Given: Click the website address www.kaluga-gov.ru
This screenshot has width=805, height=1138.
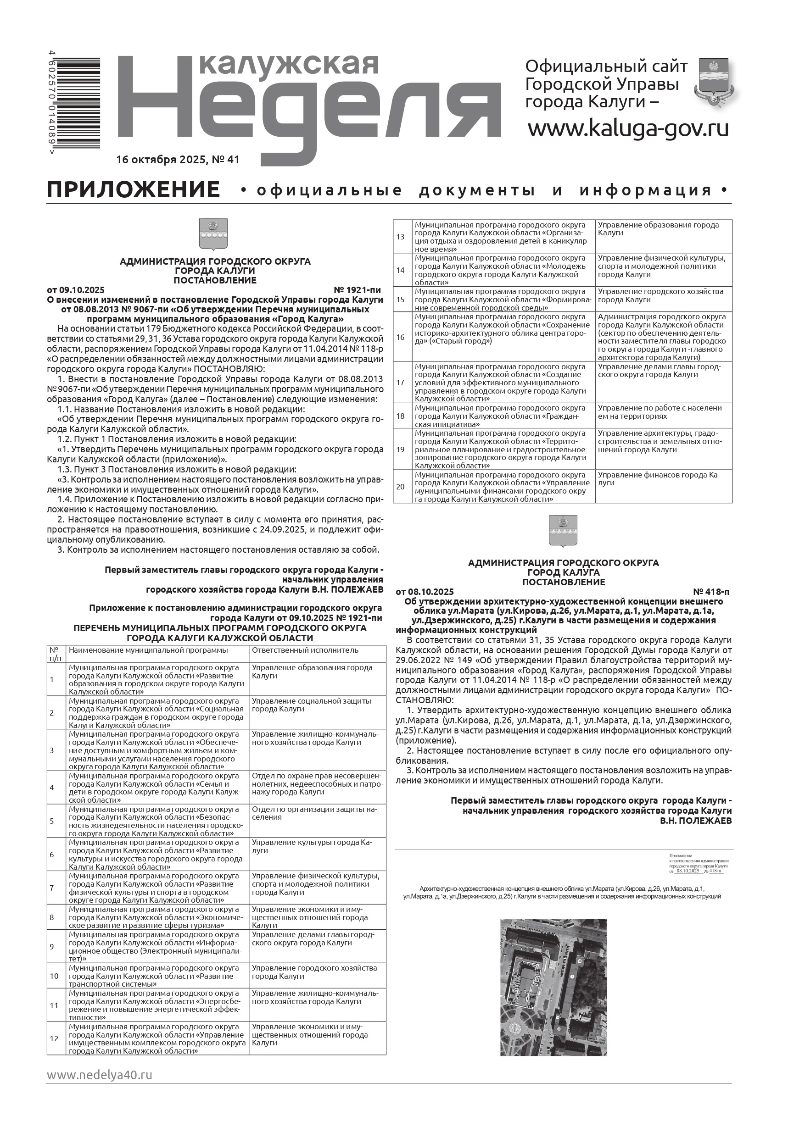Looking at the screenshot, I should (x=628, y=129).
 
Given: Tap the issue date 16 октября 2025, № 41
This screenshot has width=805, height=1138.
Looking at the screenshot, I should (x=178, y=160).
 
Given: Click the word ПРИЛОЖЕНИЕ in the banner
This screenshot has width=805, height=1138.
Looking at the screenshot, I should (x=134, y=190).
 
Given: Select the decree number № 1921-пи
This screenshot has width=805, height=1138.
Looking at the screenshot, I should (x=357, y=290).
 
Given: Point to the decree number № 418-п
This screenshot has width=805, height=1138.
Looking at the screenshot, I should (x=711, y=592).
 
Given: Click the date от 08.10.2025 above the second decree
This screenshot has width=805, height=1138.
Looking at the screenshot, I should (x=425, y=592).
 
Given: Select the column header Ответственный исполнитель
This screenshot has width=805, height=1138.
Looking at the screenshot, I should (x=305, y=650).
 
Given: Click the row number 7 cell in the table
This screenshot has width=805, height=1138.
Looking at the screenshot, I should (x=52, y=888).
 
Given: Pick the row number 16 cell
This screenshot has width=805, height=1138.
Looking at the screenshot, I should (x=401, y=337).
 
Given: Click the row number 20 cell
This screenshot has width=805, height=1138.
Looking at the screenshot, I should (x=401, y=487).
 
